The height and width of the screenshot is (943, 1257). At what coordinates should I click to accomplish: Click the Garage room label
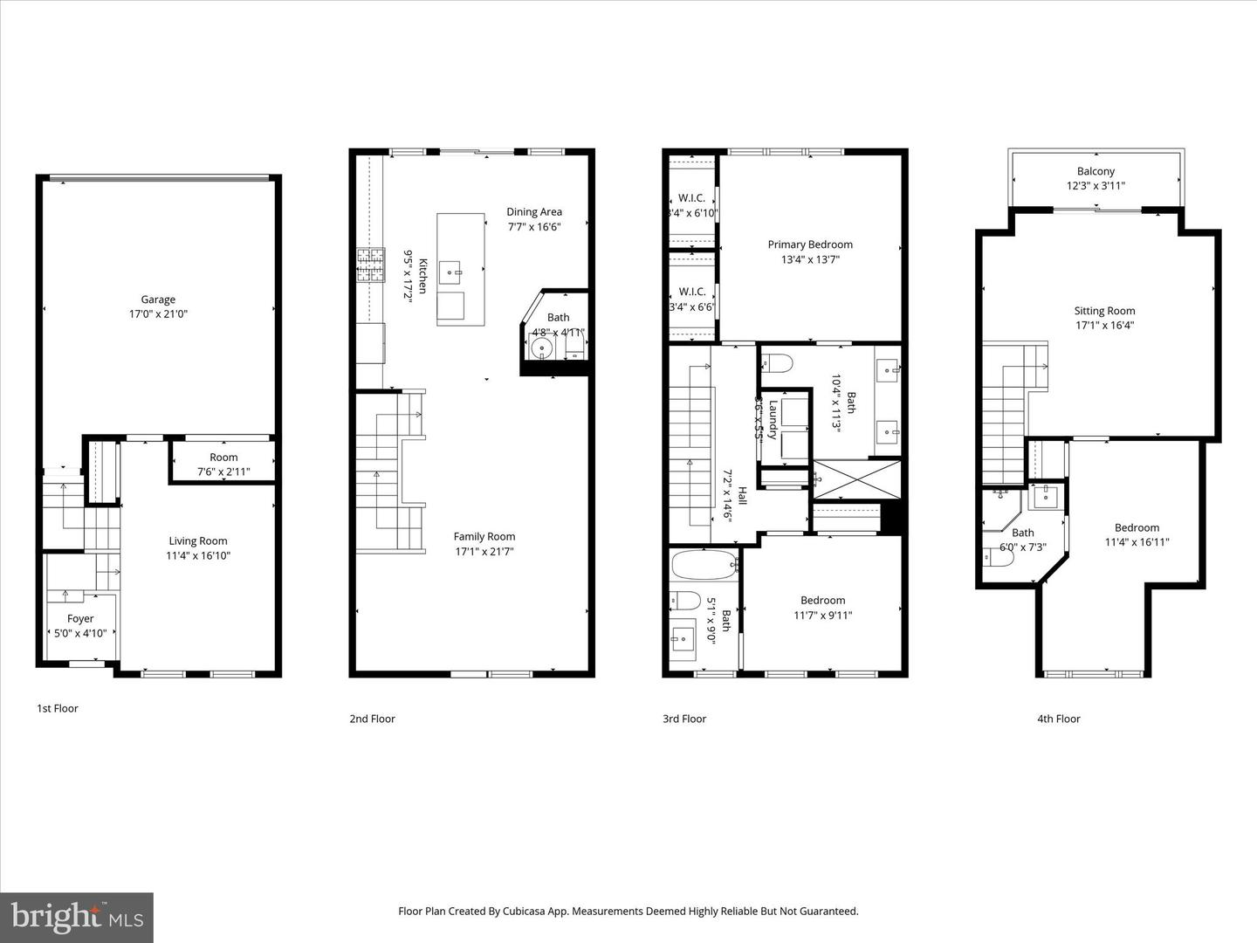(159, 299)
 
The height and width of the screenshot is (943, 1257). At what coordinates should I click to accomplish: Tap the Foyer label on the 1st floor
(80, 619)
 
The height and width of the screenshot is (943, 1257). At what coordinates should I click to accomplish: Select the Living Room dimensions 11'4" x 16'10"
(198, 555)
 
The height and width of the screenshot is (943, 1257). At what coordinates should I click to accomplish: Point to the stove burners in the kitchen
(370, 265)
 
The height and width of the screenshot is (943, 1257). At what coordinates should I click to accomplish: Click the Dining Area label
(534, 211)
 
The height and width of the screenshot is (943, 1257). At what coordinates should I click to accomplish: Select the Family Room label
(484, 536)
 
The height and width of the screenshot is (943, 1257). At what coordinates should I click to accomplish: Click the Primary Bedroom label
(810, 244)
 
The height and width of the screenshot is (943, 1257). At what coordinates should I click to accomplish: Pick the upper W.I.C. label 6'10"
(691, 198)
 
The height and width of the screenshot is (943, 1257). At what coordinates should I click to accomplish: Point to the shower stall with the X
(846, 478)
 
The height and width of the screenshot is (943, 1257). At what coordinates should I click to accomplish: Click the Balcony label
(1096, 171)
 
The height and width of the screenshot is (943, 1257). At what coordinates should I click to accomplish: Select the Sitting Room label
(1104, 311)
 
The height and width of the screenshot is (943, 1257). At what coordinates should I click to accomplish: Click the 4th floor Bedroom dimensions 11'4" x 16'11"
(1137, 541)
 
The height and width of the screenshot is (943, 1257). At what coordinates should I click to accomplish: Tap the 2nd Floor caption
(372, 719)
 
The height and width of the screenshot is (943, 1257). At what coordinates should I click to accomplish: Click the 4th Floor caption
(1058, 719)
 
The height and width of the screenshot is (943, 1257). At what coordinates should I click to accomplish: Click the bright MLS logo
(77, 917)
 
